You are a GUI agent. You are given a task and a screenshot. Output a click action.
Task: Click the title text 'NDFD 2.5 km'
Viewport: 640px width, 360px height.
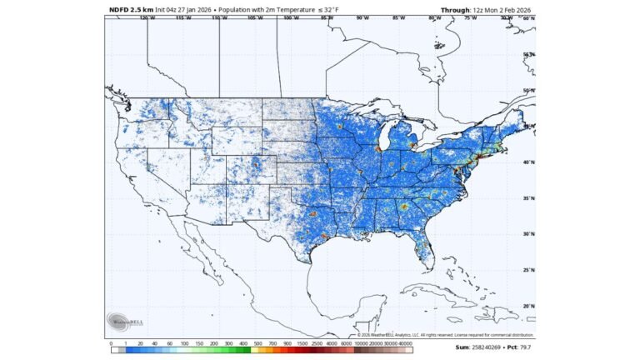131,9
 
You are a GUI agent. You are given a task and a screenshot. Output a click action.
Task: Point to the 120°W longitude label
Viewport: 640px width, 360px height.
147,17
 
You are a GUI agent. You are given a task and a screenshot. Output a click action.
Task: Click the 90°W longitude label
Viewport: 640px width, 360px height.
362,17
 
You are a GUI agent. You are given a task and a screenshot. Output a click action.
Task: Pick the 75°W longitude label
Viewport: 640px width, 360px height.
470,17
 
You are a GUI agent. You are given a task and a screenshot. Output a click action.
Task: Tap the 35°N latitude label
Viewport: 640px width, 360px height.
528,198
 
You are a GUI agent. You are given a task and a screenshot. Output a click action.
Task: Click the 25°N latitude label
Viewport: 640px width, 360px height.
528,270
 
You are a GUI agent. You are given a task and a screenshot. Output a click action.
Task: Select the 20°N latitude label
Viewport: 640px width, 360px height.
528,306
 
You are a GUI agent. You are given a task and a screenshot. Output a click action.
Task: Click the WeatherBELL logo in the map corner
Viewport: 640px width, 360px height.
122,321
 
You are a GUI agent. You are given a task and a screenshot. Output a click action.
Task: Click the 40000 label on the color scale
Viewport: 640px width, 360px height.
406,342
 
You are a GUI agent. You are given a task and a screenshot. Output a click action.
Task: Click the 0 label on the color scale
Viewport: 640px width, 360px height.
111,342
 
